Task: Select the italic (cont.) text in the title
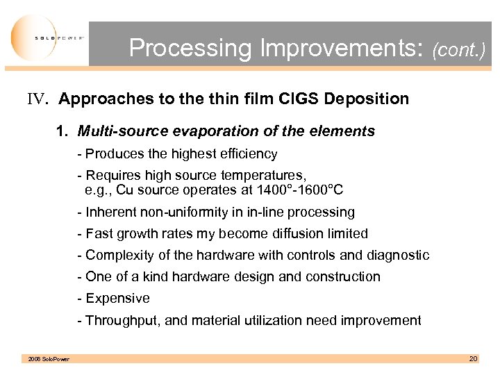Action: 458,50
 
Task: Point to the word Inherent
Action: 110,212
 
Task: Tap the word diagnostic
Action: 396,255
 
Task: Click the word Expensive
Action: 117,298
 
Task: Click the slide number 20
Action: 473,358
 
